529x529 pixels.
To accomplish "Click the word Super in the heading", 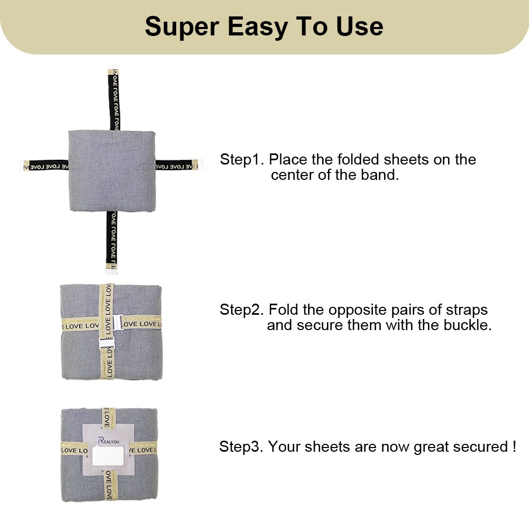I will [181, 26].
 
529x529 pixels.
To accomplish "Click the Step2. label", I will [242, 309].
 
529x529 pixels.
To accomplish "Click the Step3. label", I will [241, 447].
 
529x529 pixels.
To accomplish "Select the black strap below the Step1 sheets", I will [112, 238].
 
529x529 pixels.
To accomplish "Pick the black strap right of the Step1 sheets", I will [175, 166].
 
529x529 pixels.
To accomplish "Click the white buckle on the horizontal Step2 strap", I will [117, 322].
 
